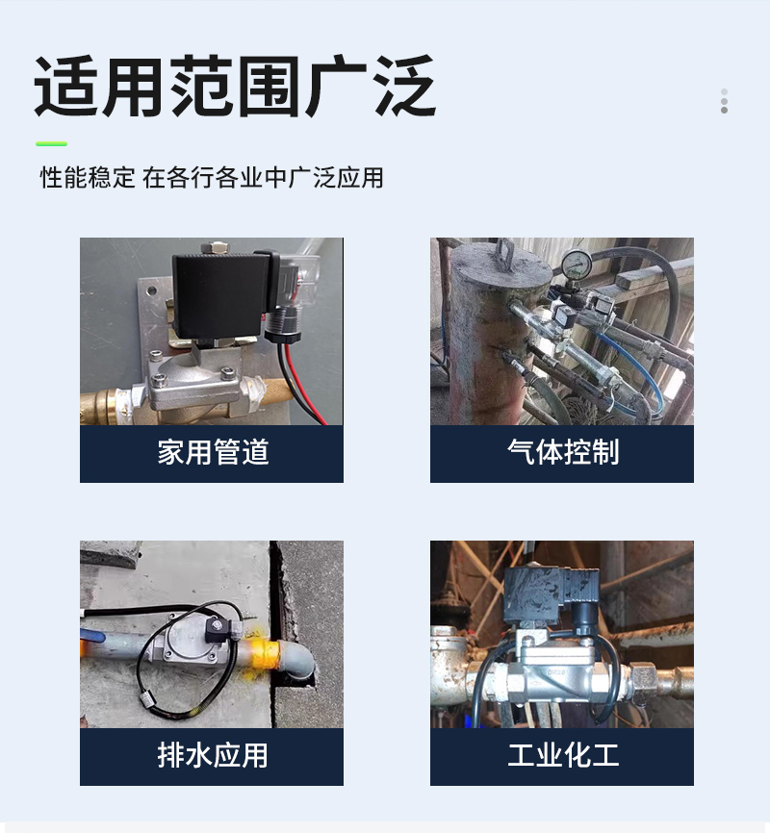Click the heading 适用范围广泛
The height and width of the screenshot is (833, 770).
[235, 86]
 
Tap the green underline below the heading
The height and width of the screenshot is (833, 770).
[52, 143]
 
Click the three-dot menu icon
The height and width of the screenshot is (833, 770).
[724, 101]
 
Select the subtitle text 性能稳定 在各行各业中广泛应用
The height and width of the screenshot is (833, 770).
[212, 177]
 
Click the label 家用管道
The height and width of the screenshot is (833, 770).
[213, 453]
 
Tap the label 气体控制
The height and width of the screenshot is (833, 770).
[563, 453]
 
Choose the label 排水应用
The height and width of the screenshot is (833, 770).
[213, 755]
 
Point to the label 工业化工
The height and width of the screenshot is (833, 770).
[563, 755]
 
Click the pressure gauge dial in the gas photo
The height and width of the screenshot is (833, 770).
[577, 264]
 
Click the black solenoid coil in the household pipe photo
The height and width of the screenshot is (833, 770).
[220, 296]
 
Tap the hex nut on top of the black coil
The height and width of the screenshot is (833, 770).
[215, 247]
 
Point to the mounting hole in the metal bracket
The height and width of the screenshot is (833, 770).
[152, 291]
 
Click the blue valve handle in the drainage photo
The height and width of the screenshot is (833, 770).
[90, 636]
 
